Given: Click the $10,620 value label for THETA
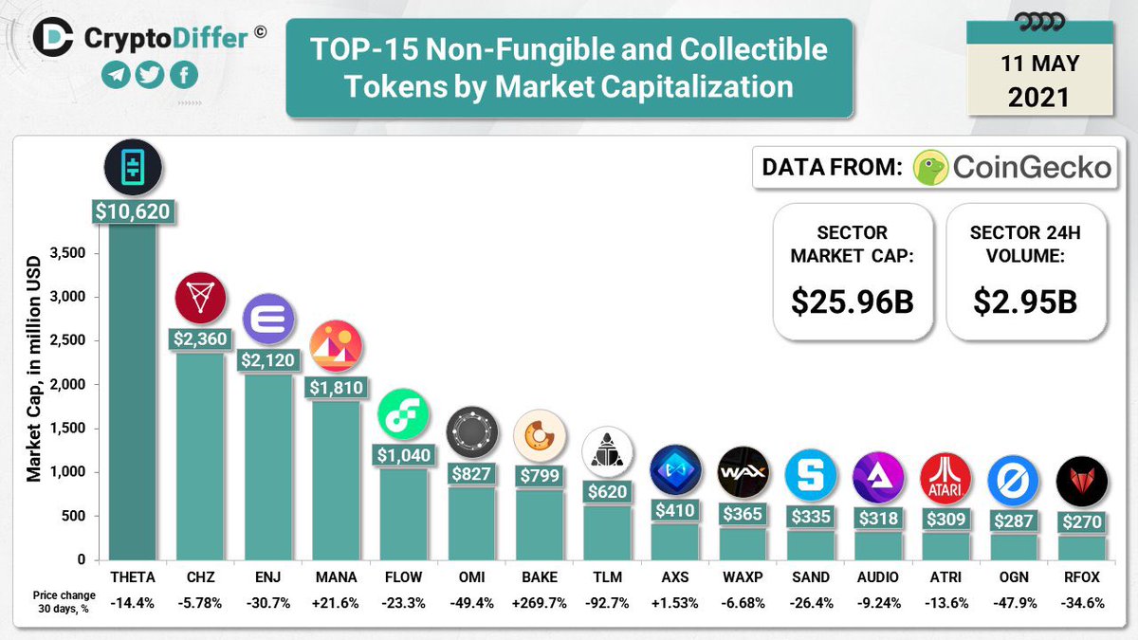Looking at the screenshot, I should click(x=133, y=210).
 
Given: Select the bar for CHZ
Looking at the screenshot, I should click(x=200, y=455).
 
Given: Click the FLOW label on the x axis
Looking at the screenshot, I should click(x=403, y=576).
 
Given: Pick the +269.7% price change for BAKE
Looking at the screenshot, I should click(x=539, y=603).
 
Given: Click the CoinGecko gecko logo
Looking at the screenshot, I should click(x=932, y=168).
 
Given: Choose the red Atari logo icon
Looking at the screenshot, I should click(x=945, y=477).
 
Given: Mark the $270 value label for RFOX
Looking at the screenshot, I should click(x=1081, y=522).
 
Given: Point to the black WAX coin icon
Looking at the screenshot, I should click(x=743, y=471).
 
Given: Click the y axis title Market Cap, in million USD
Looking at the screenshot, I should click(x=34, y=366).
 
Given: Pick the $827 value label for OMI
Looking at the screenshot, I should click(x=471, y=474).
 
